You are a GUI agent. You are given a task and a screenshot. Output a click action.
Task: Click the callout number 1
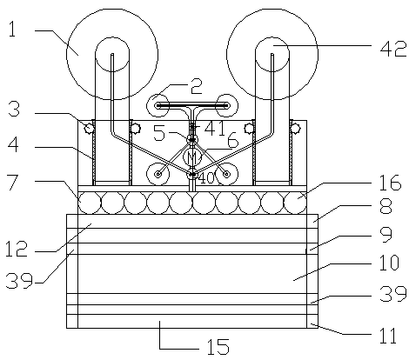12,30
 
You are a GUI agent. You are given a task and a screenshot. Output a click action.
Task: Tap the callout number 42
393,49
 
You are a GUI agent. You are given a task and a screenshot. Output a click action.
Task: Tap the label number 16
391,183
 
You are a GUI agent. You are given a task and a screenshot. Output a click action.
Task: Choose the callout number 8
386,206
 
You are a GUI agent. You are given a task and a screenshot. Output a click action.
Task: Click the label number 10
389,263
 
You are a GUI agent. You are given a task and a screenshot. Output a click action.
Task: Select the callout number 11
388,336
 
